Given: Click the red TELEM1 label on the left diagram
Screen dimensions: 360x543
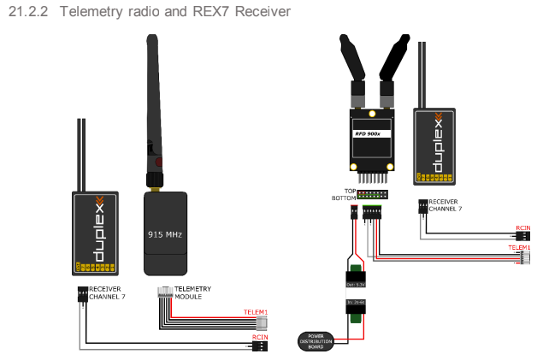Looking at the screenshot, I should click(x=256, y=312).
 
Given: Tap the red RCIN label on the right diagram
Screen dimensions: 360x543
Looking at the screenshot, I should click(x=522, y=228).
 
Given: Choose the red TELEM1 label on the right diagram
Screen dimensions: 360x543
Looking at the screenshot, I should click(x=519, y=248).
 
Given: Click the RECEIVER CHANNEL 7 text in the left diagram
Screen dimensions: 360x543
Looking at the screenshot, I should click(x=107, y=293).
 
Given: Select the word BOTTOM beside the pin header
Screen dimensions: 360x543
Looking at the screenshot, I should click(x=345, y=198).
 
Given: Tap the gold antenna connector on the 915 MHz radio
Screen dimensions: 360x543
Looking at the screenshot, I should click(x=154, y=180).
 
